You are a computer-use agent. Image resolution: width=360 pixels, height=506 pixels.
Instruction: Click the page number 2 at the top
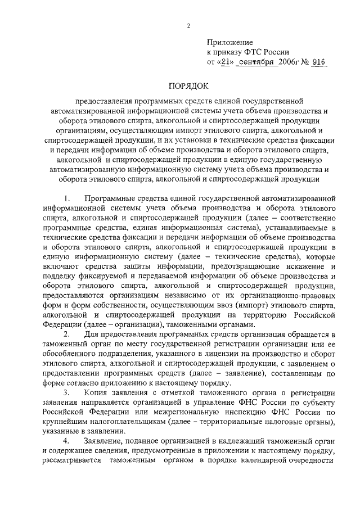coord(189,25)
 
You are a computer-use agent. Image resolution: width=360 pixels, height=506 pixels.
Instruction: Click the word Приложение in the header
coord(231,42)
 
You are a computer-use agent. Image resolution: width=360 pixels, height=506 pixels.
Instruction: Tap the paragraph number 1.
coord(67,198)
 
